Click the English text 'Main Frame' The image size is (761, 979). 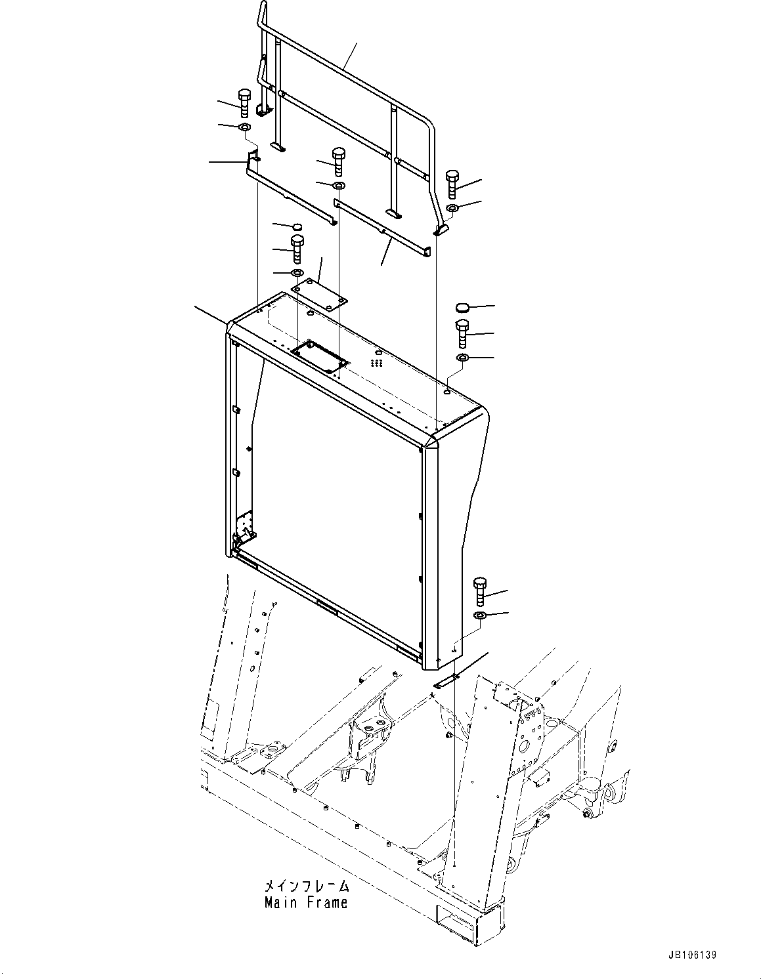coord(306,902)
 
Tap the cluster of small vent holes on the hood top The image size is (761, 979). coord(377,362)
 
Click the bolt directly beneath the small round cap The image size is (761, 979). coord(297,249)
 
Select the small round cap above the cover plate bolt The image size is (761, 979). coord(297,227)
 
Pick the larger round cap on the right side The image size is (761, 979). coord(462,307)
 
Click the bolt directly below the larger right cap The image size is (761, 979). coord(462,334)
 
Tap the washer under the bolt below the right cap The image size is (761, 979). coord(462,358)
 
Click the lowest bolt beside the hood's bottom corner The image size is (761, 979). coord(480,591)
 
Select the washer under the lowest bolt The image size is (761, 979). coord(480,615)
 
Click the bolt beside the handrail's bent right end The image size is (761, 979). coord(452,183)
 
